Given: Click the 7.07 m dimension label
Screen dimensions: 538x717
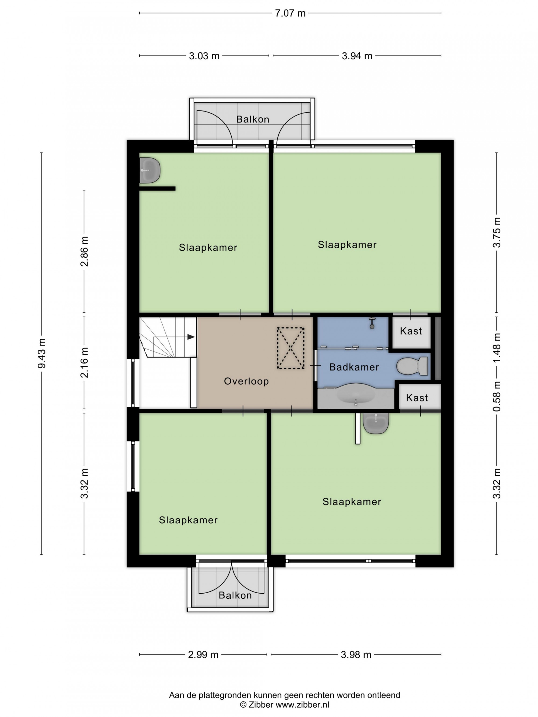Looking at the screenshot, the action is point(290,13).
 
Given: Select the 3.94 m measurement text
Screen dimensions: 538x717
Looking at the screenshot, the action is point(357,56).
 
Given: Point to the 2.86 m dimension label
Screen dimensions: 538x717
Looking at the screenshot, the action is point(84,251).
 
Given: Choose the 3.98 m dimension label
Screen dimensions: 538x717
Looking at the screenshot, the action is point(356,654).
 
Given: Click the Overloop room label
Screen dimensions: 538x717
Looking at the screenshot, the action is point(246,381).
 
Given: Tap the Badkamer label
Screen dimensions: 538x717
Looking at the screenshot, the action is point(354,367).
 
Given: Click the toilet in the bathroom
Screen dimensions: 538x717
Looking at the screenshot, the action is point(412,366).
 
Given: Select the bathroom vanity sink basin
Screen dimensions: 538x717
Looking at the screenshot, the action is point(356,393).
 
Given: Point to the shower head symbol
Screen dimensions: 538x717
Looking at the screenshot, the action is point(372,323).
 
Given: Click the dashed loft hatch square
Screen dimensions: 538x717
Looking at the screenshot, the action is point(291,348).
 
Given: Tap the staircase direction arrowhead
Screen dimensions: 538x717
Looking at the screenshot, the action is point(191,337).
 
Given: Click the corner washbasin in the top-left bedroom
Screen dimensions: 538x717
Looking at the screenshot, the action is point(150,170).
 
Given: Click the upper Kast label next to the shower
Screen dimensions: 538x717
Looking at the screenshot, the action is point(411,331).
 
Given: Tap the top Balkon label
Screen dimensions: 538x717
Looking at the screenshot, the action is point(253,119).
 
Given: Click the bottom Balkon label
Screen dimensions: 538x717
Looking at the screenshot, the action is point(235,595).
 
